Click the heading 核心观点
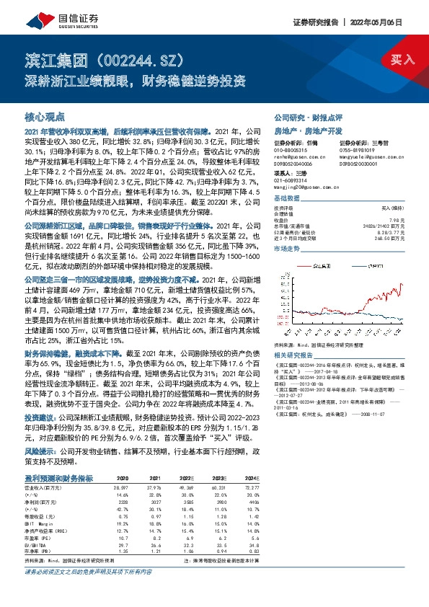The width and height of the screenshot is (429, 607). coord(45,115)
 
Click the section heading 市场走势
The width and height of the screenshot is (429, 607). coord(286,247)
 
